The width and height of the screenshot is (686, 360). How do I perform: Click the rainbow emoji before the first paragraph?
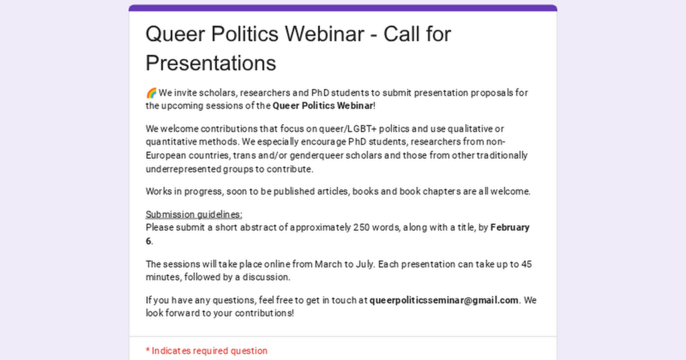pyautogui.click(x=151, y=93)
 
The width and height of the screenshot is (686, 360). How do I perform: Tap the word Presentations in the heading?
pyautogui.click(x=211, y=63)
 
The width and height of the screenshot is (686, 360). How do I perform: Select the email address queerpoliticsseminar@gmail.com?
pyautogui.click(x=444, y=300)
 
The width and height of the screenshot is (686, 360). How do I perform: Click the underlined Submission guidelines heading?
pyautogui.click(x=194, y=215)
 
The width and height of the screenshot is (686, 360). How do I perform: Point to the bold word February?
pyautogui.click(x=510, y=227)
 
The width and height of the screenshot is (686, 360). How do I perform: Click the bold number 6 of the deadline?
pyautogui.click(x=148, y=241)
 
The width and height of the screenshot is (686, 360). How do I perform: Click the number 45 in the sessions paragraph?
pyautogui.click(x=527, y=264)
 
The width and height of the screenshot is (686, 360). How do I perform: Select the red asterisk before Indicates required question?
pyautogui.click(x=147, y=350)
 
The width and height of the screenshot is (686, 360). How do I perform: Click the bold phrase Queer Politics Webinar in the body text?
pyautogui.click(x=323, y=106)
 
